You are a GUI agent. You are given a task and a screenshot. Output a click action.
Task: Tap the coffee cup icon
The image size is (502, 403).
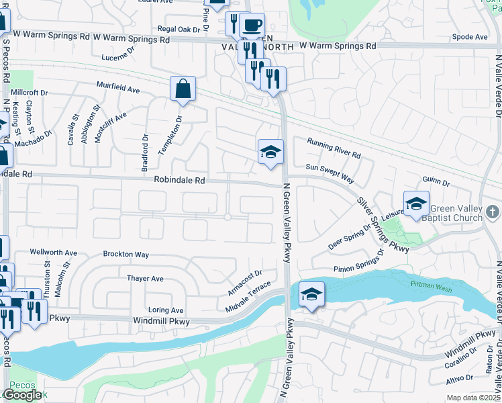(252, 26)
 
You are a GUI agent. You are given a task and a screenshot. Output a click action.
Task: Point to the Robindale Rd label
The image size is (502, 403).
(179, 180)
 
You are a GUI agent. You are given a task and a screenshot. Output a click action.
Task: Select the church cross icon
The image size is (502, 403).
(493, 212)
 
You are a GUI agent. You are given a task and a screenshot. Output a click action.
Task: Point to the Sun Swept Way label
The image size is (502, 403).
(330, 173)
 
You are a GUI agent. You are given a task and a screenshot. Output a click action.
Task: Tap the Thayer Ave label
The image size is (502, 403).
(145, 278)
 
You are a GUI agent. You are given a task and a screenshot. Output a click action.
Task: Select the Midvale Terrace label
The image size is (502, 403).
(248, 298)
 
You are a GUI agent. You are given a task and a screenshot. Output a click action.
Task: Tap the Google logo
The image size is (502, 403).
(22, 394)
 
